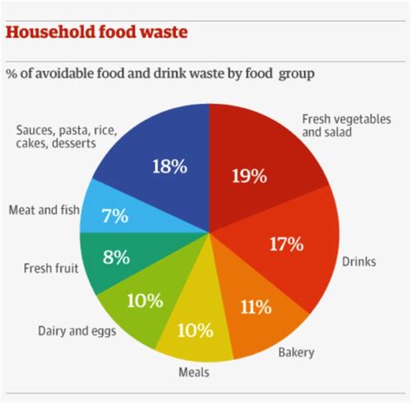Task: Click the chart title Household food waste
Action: point(97,32)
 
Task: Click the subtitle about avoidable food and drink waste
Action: point(160,73)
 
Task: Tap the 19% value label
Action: point(249,176)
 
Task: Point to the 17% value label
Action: point(285,244)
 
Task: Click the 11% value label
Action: point(256,305)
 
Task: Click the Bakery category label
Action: point(297,352)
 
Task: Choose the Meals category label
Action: point(192,373)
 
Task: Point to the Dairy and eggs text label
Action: point(74,330)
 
